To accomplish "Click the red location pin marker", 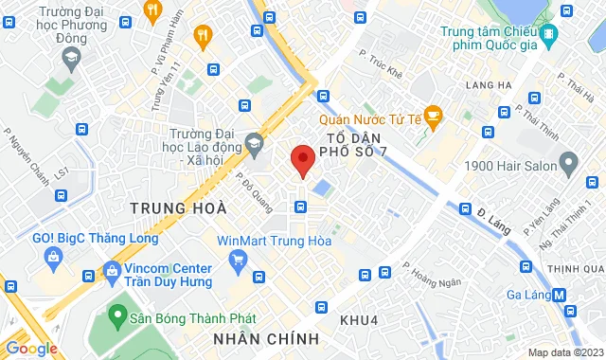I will [302, 160].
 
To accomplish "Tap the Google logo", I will [31, 349].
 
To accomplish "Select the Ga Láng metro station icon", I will [561, 294].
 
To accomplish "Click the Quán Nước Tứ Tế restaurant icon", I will [434, 117].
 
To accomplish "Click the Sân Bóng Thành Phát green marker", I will [118, 313].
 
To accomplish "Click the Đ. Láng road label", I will [494, 225].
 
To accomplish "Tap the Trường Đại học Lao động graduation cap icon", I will [253, 144].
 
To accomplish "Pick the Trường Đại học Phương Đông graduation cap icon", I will [70, 59].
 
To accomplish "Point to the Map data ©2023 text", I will [564, 352].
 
